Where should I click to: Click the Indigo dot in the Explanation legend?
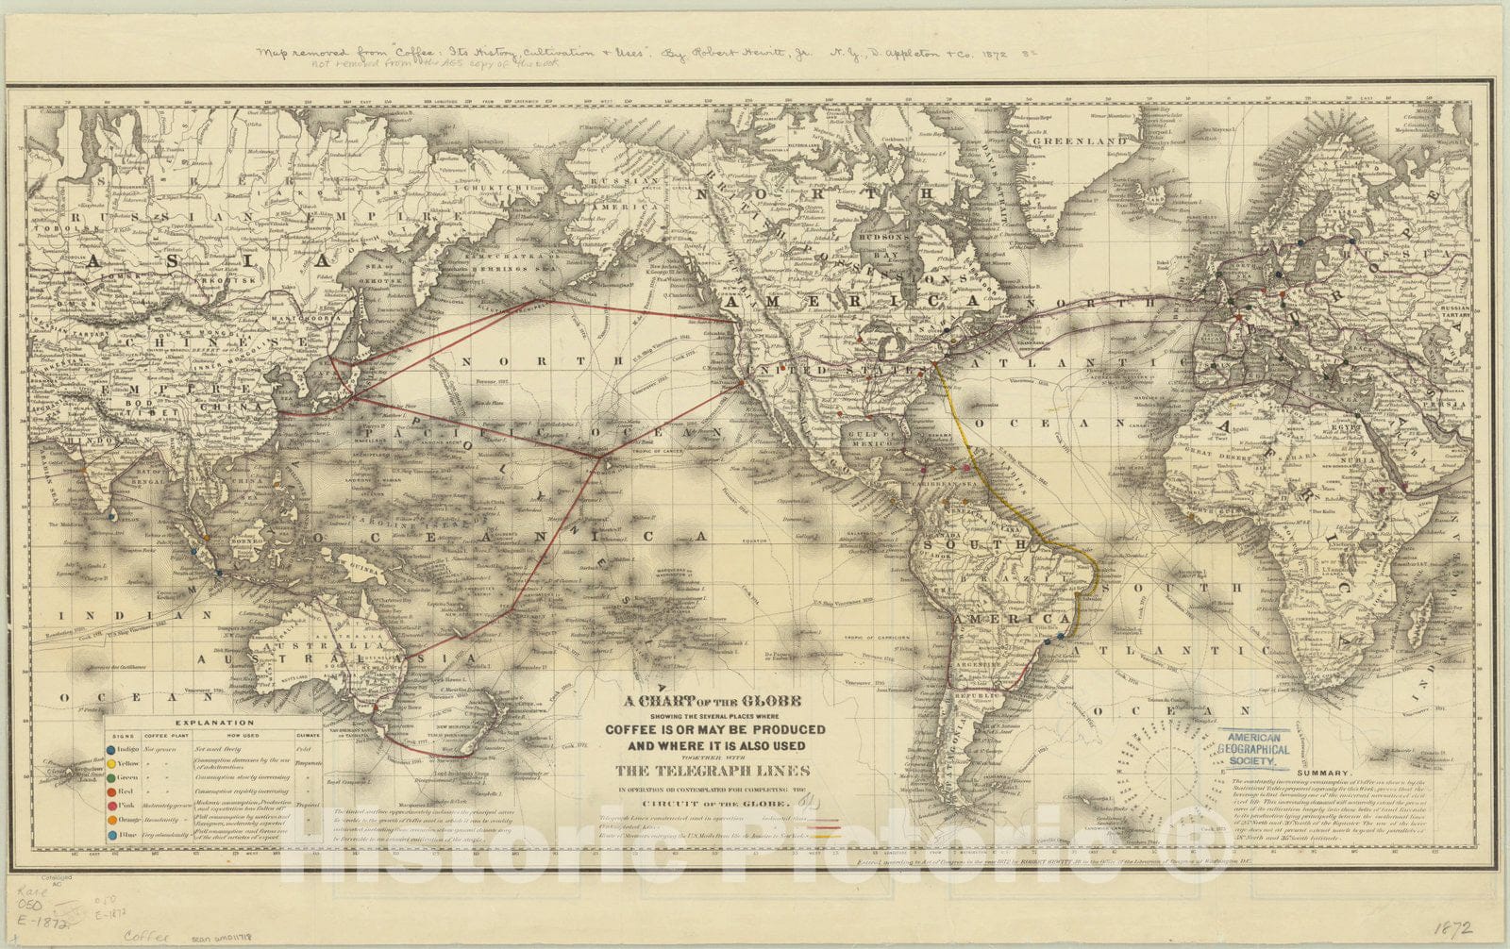click(x=112, y=748)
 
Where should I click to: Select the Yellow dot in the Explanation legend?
click(x=112, y=762)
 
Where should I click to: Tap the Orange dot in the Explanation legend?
click(x=112, y=820)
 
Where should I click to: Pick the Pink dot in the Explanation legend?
click(x=112, y=806)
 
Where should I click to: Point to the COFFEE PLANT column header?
click(x=161, y=733)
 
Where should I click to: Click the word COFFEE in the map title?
click(x=634, y=729)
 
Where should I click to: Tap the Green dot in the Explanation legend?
click(x=112, y=776)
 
